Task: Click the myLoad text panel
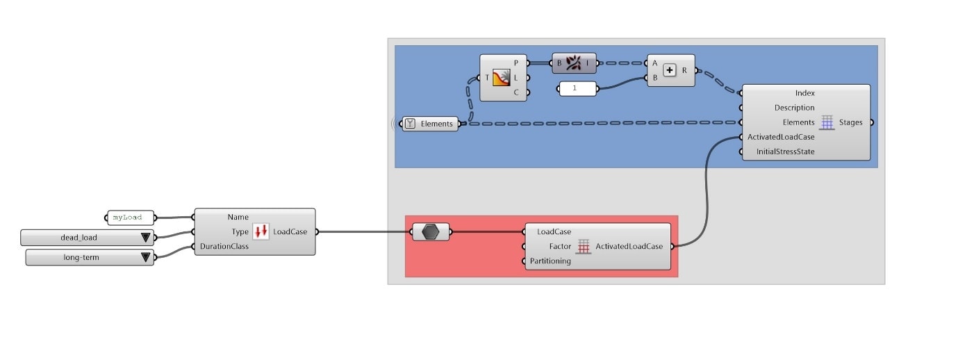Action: (130, 218)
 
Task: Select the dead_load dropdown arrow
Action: (145, 238)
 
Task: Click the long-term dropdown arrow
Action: (145, 258)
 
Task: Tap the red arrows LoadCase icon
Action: (261, 231)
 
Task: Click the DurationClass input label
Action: (224, 246)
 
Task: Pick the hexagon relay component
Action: (431, 232)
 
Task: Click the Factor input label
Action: (560, 246)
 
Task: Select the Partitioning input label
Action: (550, 261)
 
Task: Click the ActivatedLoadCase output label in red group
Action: (629, 246)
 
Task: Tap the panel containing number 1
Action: (578, 89)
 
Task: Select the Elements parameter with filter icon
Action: (431, 124)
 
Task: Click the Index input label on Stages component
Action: (805, 93)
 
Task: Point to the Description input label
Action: (794, 108)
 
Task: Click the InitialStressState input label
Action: (785, 152)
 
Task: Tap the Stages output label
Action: (850, 122)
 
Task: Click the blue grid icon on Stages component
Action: (827, 122)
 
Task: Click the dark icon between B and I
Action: (574, 63)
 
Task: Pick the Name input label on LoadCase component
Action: (238, 217)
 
